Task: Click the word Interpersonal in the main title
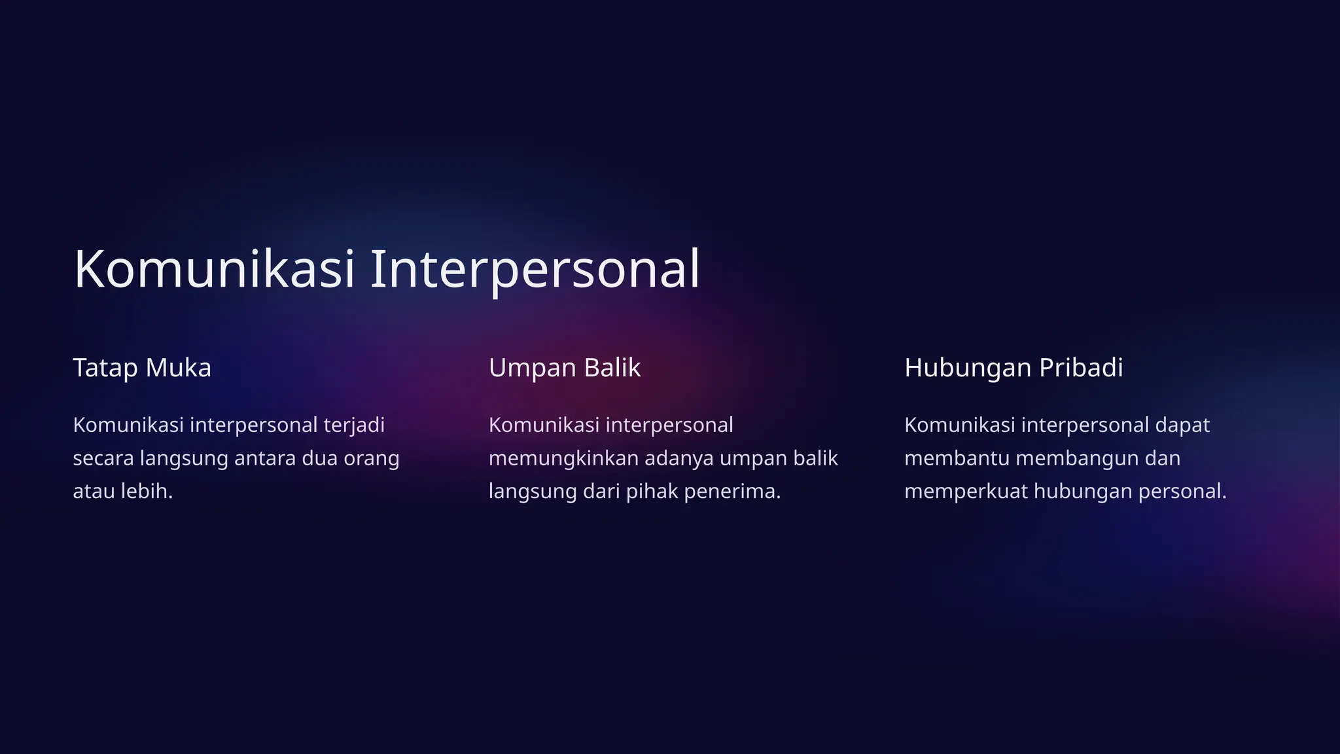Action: pyautogui.click(x=535, y=270)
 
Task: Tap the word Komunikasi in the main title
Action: pyautogui.click(x=214, y=270)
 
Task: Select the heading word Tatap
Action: pyautogui.click(x=105, y=368)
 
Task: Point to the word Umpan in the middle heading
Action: pyautogui.click(x=531, y=368)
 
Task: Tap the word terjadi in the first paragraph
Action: pyautogui.click(x=354, y=425)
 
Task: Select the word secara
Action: pyautogui.click(x=103, y=458)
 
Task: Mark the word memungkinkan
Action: pyautogui.click(x=563, y=458)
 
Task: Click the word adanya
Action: pyautogui.click(x=679, y=458)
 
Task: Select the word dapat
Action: pyautogui.click(x=1182, y=425)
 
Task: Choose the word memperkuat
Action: pyautogui.click(x=965, y=491)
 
